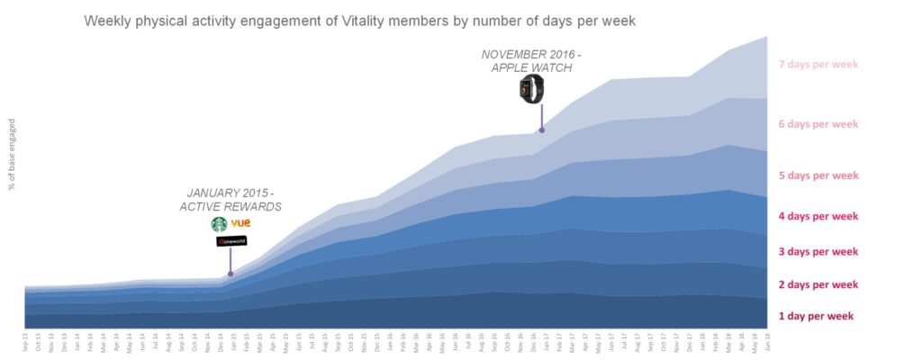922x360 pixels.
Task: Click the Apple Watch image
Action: (530, 88)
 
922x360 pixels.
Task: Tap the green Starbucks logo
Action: (219, 224)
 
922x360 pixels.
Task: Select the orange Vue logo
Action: (240, 223)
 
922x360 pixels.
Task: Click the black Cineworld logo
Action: (230, 241)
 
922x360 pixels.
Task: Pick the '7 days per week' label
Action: (818, 65)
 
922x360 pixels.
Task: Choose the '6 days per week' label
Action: (818, 124)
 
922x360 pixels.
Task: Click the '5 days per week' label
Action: (818, 175)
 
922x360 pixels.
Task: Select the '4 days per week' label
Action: (818, 216)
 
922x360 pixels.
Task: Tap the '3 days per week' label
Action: (818, 252)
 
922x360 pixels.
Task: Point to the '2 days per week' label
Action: (818, 285)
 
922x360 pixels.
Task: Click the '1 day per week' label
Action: (815, 317)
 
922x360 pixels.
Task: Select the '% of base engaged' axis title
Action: (12, 153)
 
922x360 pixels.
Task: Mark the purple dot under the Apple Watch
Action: (542, 130)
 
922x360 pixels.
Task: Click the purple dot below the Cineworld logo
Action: (230, 274)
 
